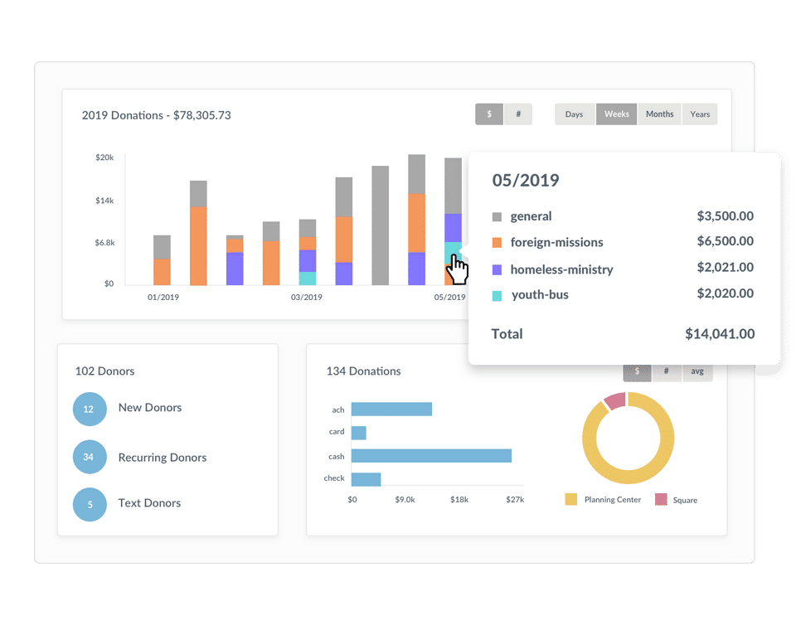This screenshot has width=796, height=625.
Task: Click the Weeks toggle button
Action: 616,114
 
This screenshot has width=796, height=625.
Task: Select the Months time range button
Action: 659,114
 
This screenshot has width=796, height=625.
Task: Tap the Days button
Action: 574,114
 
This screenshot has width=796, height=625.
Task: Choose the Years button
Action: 700,114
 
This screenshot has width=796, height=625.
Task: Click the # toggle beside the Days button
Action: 518,114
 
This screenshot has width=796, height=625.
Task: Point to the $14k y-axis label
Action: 105,201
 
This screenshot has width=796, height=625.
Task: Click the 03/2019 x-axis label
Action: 306,297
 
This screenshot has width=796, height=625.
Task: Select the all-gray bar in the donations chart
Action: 381,225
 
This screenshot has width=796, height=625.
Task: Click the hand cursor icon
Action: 457,269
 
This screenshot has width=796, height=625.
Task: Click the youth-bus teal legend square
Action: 498,295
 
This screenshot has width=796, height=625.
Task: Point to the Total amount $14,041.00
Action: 720,334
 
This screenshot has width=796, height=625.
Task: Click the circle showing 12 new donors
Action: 90,409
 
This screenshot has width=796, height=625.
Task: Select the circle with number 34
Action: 90,458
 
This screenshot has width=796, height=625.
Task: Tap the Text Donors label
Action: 149,503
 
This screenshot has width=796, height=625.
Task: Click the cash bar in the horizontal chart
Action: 431,456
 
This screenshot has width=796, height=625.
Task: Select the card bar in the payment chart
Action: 359,433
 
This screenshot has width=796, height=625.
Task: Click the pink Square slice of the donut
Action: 614,401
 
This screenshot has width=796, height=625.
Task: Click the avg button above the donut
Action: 696,371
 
